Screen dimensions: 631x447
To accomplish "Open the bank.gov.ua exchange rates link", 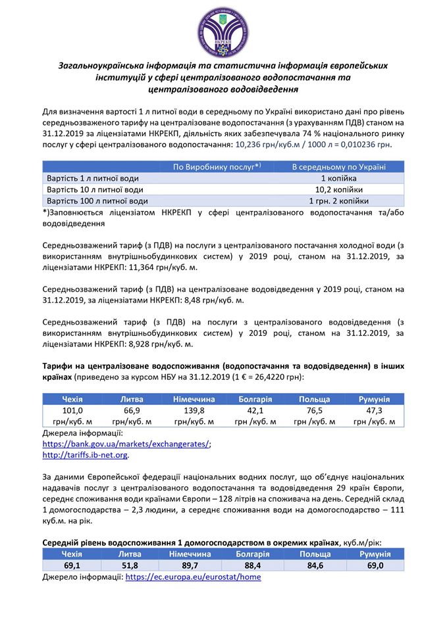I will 126,444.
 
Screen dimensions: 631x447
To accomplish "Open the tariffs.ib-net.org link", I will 85,455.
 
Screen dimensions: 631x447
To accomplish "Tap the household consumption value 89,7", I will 190,565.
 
